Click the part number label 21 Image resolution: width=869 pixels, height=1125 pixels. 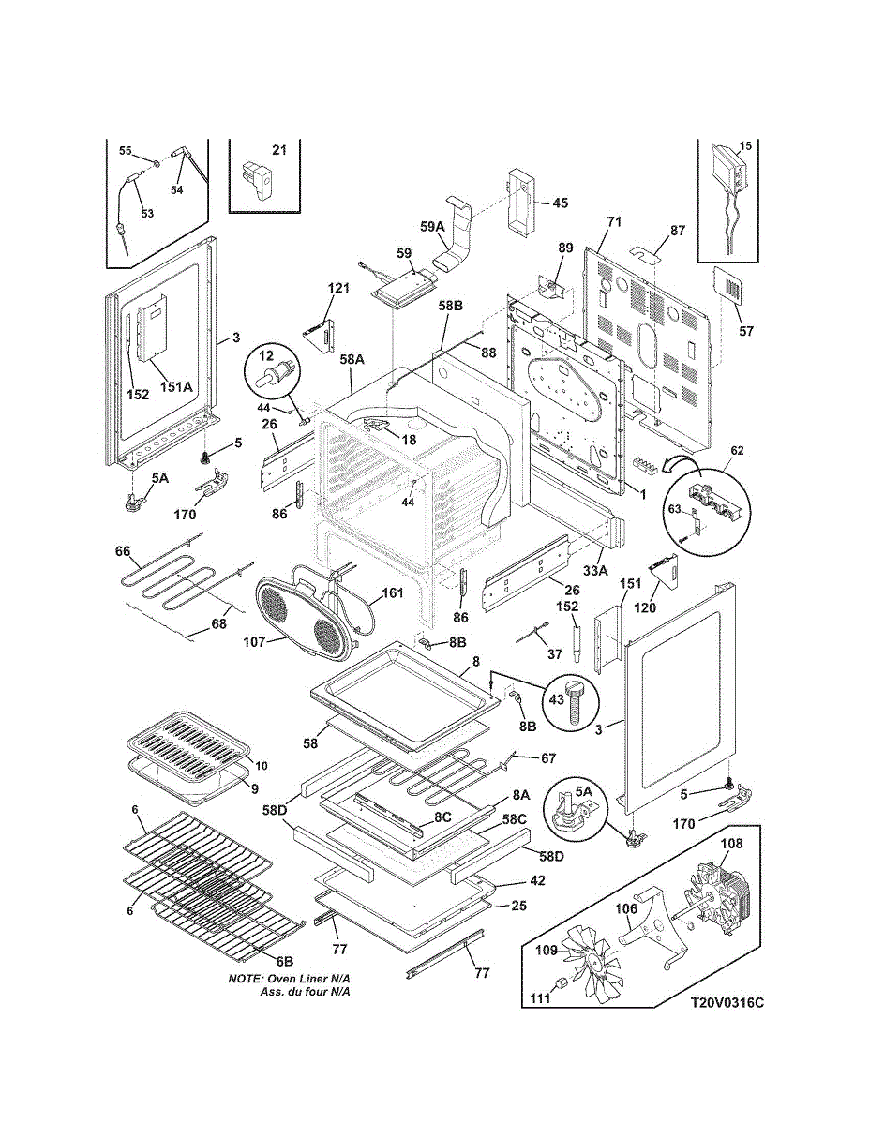[x=279, y=150]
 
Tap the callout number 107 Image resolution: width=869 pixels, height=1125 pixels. [x=254, y=642]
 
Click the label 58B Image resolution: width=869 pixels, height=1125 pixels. [x=450, y=306]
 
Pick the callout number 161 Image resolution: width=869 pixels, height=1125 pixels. [x=393, y=592]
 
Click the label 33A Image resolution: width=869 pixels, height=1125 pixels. [x=595, y=571]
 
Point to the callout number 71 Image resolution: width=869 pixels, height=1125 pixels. [x=614, y=221]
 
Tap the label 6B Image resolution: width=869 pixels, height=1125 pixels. [x=285, y=962]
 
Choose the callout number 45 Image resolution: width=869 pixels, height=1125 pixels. [x=560, y=202]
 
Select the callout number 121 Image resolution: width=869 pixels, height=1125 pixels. [x=338, y=288]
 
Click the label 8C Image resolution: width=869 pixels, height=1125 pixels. [x=442, y=817]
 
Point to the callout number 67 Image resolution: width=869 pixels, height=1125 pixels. [x=548, y=758]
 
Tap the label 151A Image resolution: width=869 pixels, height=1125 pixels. [x=176, y=386]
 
